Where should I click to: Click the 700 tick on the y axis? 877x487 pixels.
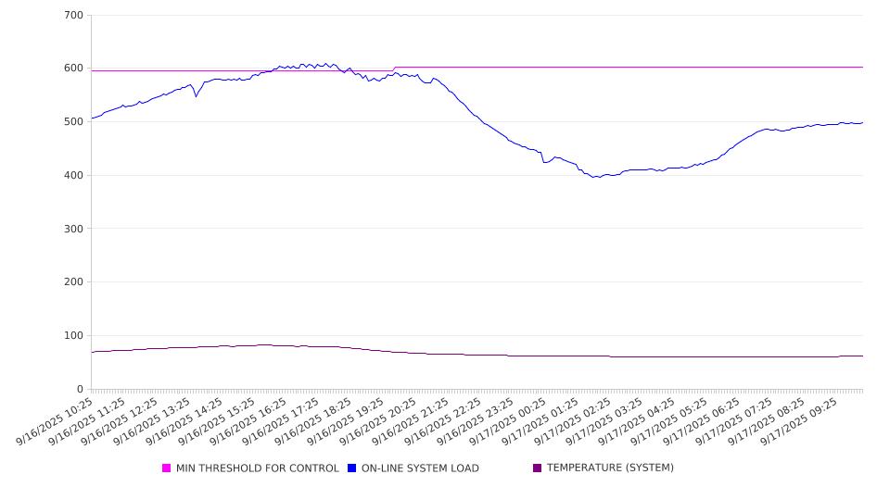(x=73, y=16)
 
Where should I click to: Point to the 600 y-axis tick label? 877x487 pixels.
(x=73, y=69)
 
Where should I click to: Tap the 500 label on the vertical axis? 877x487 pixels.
(x=73, y=122)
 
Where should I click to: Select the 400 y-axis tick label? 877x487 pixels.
(x=73, y=176)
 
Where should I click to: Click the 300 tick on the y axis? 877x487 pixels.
(x=73, y=229)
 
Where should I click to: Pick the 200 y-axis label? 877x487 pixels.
(x=73, y=282)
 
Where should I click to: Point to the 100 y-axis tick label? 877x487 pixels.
(x=73, y=336)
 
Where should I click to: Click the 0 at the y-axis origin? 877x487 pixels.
(x=80, y=390)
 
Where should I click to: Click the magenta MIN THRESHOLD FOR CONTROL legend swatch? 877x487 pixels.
(x=167, y=468)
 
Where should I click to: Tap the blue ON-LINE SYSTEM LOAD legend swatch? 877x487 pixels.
(x=352, y=468)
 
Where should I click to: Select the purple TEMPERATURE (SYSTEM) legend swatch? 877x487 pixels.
(x=538, y=468)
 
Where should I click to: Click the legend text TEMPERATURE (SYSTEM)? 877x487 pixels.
(x=610, y=468)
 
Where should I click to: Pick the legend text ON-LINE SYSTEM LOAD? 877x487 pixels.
(x=420, y=468)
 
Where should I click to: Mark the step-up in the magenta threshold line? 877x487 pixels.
(x=394, y=69)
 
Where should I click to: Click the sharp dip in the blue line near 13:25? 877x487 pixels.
(x=196, y=95)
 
